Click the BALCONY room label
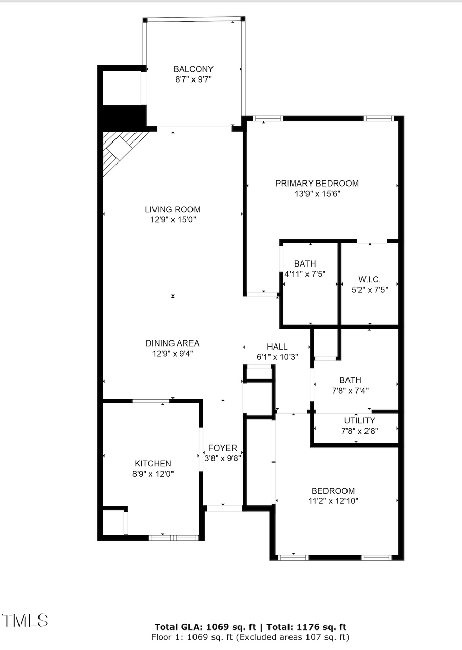(193, 69)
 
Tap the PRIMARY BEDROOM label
(317, 184)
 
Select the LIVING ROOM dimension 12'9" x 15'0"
(172, 220)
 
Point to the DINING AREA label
(172, 343)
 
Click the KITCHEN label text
(153, 463)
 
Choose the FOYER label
(222, 448)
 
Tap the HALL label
(277, 347)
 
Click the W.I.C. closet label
(369, 279)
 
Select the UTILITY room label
(359, 421)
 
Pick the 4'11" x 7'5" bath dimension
(305, 274)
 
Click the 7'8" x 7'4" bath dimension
(350, 390)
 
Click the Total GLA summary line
(251, 627)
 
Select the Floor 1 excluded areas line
(251, 637)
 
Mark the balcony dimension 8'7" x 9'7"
(193, 79)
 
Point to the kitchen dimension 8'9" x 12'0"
(153, 474)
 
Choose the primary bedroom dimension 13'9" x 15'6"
(317, 194)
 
